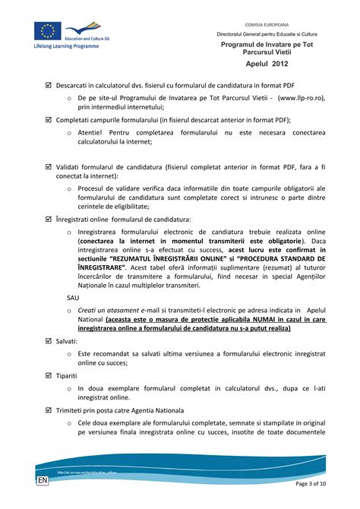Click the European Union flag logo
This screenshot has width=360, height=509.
pos(49,30)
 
